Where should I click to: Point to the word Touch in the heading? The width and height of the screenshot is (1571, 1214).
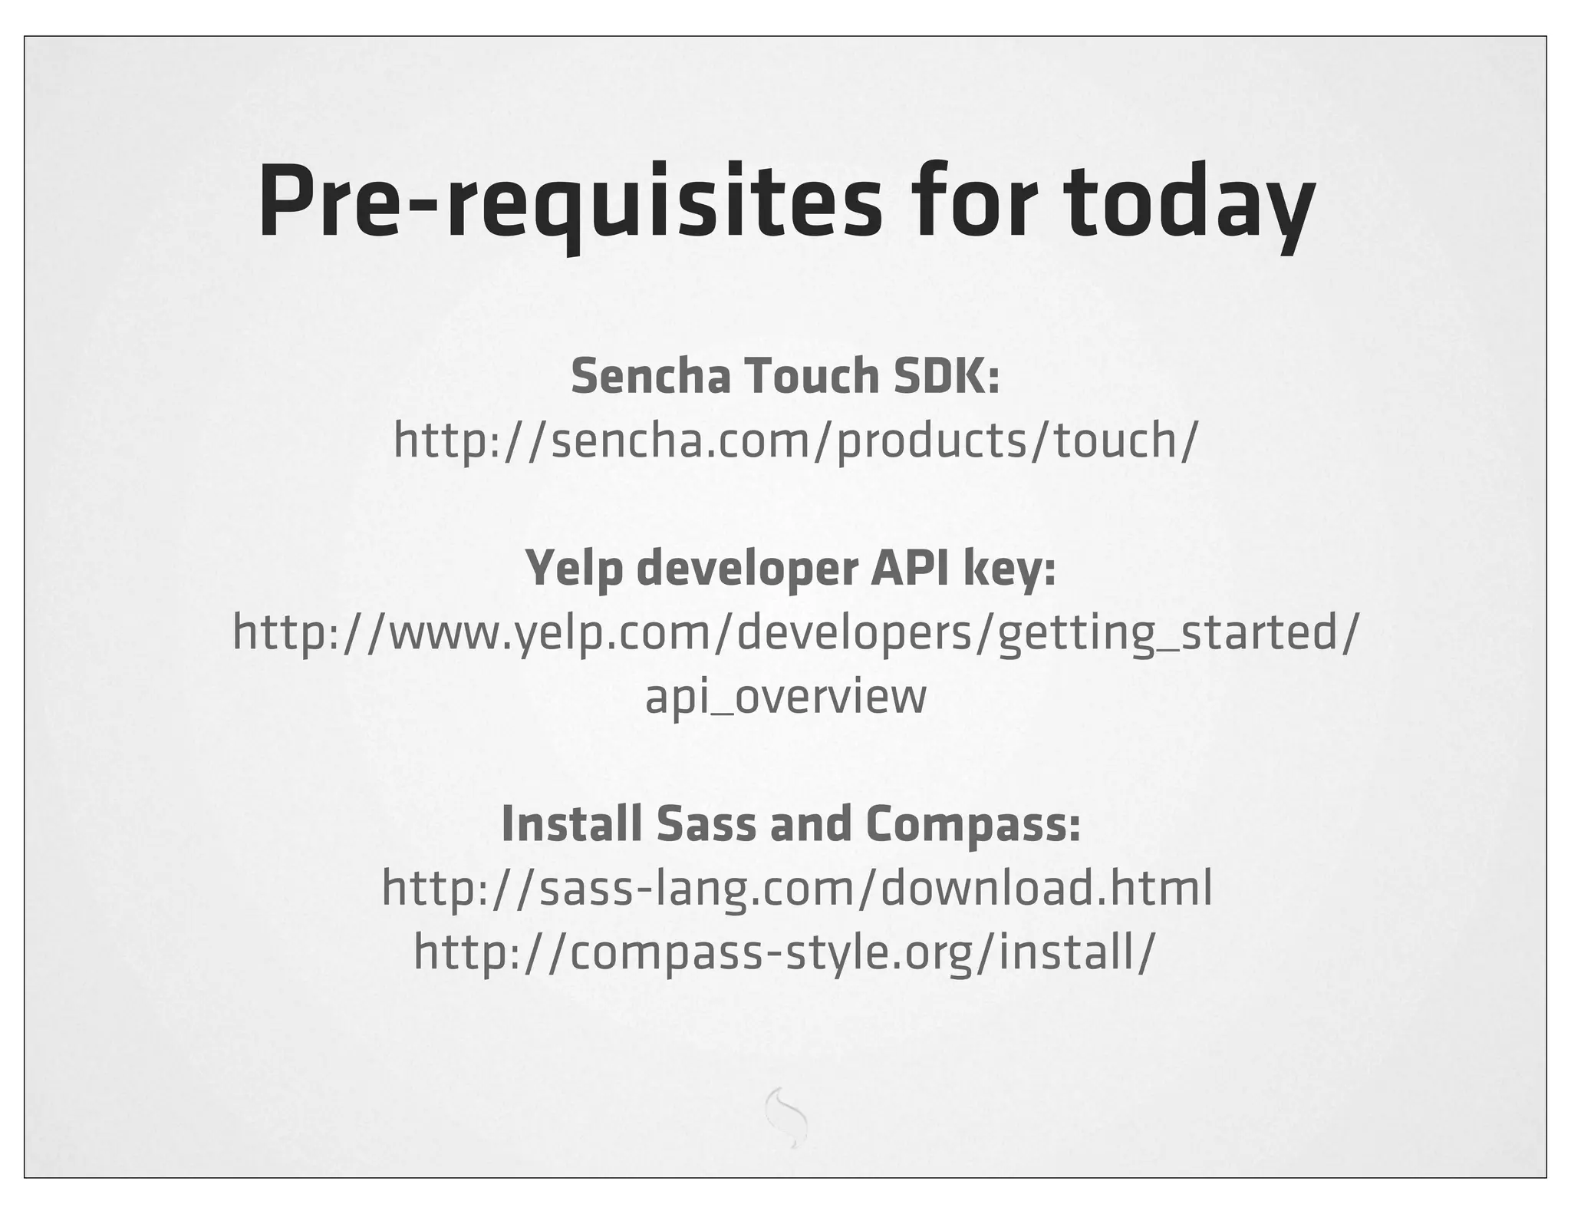coord(812,376)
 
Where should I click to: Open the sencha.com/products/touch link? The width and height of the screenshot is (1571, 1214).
coord(795,440)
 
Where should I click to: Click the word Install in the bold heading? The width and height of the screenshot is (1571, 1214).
coord(571,823)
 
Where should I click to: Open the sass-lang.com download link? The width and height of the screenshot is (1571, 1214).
coord(797,889)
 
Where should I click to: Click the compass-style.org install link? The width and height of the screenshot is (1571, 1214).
coord(783,952)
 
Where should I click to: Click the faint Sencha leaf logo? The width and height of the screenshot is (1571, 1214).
coord(786,1117)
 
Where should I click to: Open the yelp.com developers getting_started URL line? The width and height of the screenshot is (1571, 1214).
coord(795,633)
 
